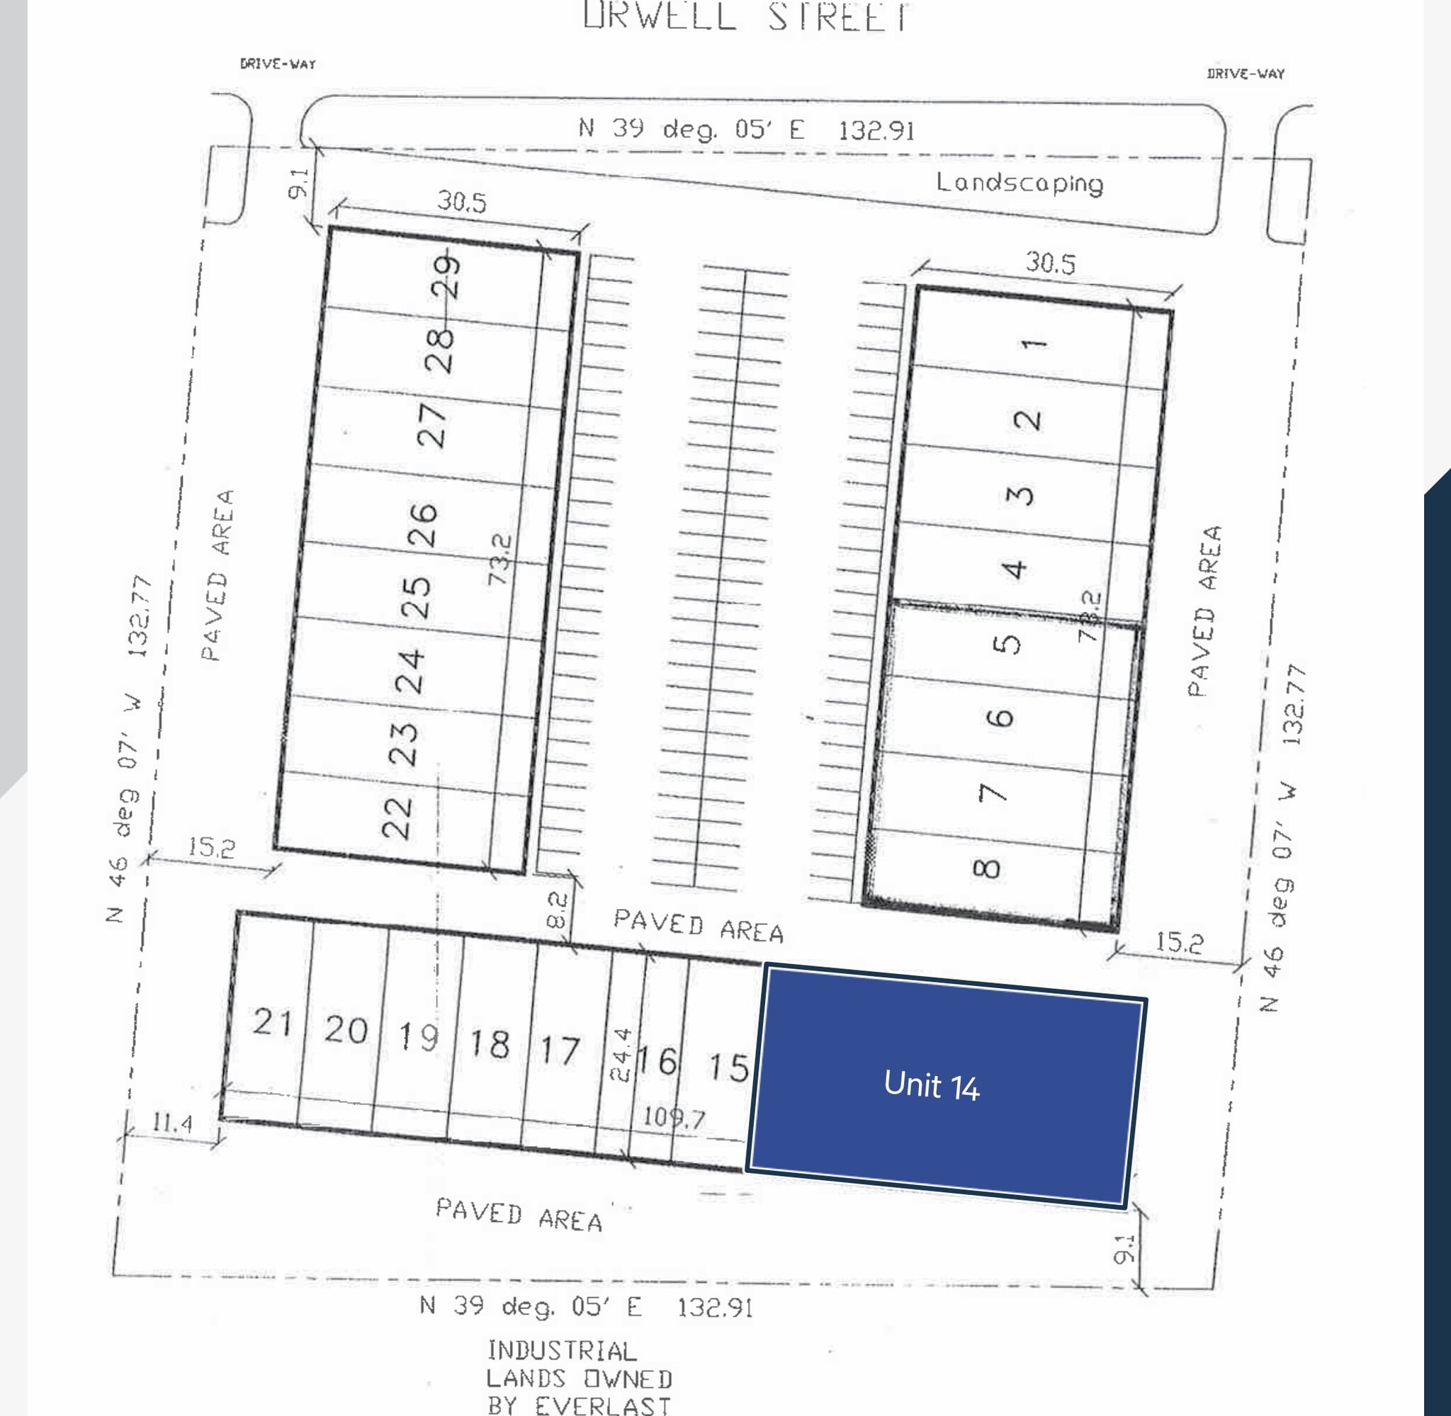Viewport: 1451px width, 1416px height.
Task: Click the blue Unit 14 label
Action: coord(931,1085)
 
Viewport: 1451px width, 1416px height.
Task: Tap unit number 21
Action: coord(273,1022)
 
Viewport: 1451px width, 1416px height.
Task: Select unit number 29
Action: coord(446,276)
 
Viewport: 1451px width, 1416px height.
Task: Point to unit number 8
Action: coord(986,868)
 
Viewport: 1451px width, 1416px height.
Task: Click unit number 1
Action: coord(1034,344)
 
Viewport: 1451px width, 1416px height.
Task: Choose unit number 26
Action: coord(423,525)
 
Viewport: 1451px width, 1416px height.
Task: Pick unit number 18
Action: coord(490,1044)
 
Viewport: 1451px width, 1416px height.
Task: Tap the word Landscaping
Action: coord(1019,183)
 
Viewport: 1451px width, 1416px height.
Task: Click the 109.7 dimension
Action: coord(674,1117)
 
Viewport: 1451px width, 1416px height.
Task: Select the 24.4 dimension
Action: coord(621,1054)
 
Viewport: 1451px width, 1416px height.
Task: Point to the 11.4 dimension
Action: coord(173,1122)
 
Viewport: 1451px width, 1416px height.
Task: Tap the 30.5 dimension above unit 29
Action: coord(462,202)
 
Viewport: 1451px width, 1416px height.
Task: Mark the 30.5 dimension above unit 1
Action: coord(1050,263)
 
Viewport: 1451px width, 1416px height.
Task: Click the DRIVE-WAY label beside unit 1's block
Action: coord(1246,74)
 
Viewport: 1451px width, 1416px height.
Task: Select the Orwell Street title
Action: coord(746,16)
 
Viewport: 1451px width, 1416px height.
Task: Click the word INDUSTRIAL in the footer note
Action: coord(562,1350)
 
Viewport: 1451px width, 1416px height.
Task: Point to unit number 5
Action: coord(1006,643)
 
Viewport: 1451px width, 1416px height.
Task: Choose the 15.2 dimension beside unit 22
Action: coord(211,846)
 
